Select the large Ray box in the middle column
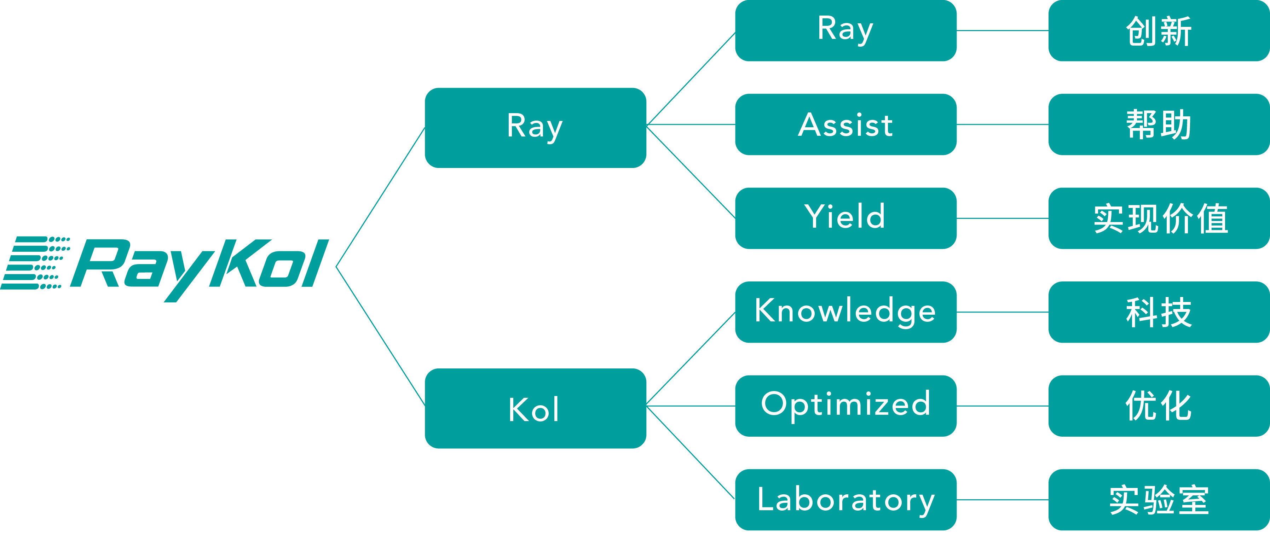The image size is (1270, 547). (x=535, y=128)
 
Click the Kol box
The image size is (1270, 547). (x=535, y=408)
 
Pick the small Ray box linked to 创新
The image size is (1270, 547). (x=845, y=30)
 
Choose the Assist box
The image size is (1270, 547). (x=845, y=124)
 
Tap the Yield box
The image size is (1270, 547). (x=845, y=218)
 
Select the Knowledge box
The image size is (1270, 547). (x=845, y=312)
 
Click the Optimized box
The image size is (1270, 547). (x=845, y=406)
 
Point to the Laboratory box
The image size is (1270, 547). (x=845, y=499)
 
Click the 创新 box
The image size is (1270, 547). (x=1159, y=30)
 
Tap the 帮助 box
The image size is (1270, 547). (x=1159, y=124)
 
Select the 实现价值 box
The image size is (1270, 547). (x=1159, y=218)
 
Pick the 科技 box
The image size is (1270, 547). (x=1159, y=312)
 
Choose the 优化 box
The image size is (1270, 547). (x=1159, y=406)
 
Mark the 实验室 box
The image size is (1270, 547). (x=1159, y=499)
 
